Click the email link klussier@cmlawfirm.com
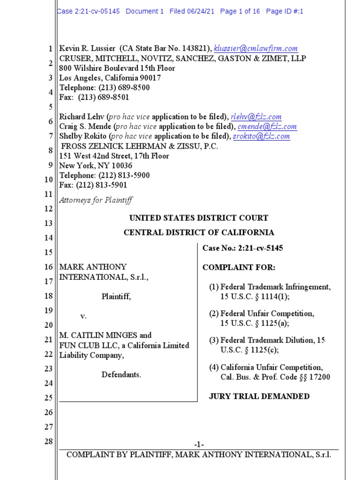point(255,48)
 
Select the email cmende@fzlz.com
point(267,127)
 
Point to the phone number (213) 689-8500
point(124,88)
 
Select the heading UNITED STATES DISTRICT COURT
point(199,218)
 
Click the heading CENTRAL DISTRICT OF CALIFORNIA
point(199,232)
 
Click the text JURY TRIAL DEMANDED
point(259,397)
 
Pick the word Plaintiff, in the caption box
point(116,297)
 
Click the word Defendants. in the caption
point(121,375)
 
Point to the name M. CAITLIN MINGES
point(98,336)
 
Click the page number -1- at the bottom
point(199,444)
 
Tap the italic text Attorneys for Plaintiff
point(96,200)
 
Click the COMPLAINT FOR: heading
point(239,268)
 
